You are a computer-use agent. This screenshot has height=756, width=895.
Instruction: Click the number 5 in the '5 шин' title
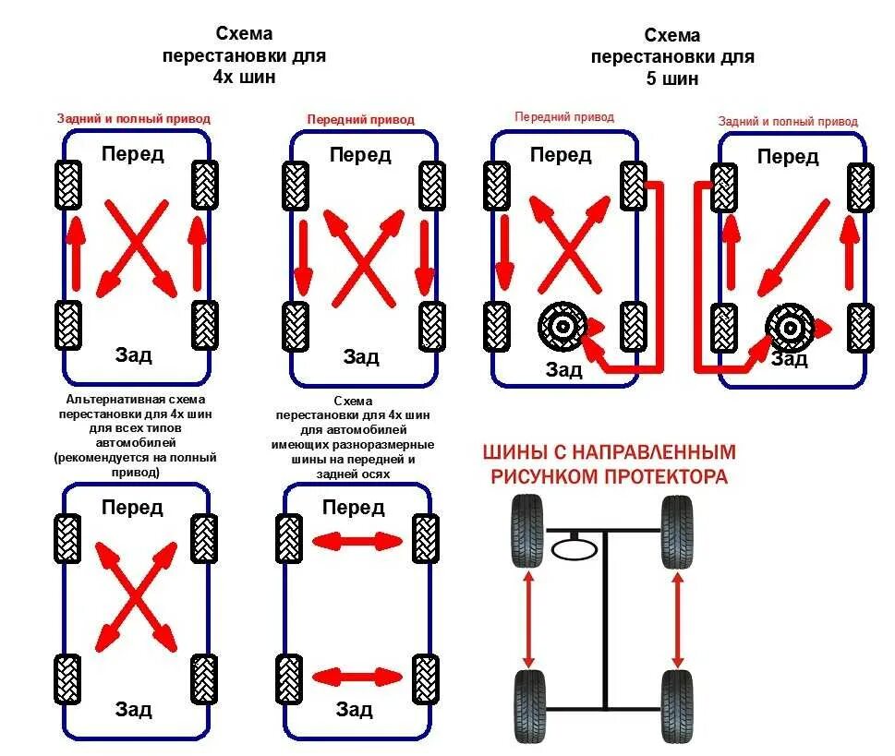(x=651, y=78)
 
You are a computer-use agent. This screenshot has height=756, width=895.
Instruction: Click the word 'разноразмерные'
(x=395, y=444)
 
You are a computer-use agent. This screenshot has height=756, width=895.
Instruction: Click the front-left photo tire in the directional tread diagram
(x=527, y=531)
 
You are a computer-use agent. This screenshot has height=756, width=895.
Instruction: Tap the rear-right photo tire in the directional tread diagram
(x=677, y=706)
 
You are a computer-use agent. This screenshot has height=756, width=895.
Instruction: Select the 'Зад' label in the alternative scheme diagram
(x=134, y=709)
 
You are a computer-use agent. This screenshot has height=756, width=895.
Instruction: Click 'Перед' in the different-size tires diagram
(x=354, y=507)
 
